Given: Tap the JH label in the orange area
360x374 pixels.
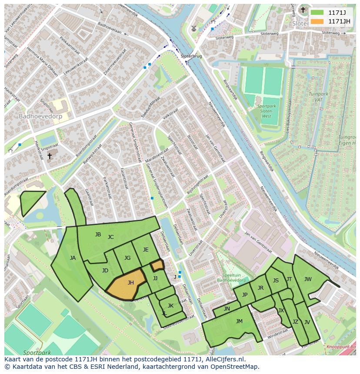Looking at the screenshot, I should click(130, 283).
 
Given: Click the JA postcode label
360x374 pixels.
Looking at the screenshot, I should click(73, 258).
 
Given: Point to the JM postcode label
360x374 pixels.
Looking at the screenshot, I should click(239, 321).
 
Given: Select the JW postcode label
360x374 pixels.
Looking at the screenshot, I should click(308, 279).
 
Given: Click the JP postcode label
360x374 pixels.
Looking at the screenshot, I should click(245, 295).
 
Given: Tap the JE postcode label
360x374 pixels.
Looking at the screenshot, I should click(146, 250).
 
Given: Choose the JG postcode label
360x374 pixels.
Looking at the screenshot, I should click(127, 258).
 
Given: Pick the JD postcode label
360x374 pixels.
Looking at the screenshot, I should click(105, 271).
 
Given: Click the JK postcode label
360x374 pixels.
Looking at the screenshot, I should click(170, 306).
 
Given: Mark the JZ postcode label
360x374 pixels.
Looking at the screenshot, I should click(295, 322).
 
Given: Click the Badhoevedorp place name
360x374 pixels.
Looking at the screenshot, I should click(40, 116).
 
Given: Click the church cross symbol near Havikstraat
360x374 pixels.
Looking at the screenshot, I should click(49, 156).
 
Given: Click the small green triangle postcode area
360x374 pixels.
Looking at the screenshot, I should click(30, 201).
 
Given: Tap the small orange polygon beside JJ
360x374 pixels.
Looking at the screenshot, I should click(157, 265).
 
